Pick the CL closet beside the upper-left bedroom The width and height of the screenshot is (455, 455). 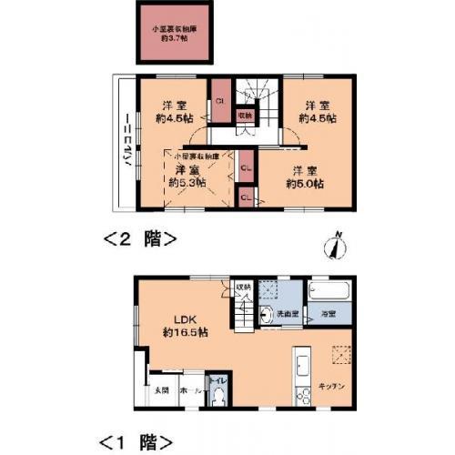point(220,103)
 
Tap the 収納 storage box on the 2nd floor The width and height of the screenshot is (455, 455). point(245,116)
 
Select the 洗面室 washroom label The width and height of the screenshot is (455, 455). point(288,314)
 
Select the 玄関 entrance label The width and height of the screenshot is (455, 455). point(160,390)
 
